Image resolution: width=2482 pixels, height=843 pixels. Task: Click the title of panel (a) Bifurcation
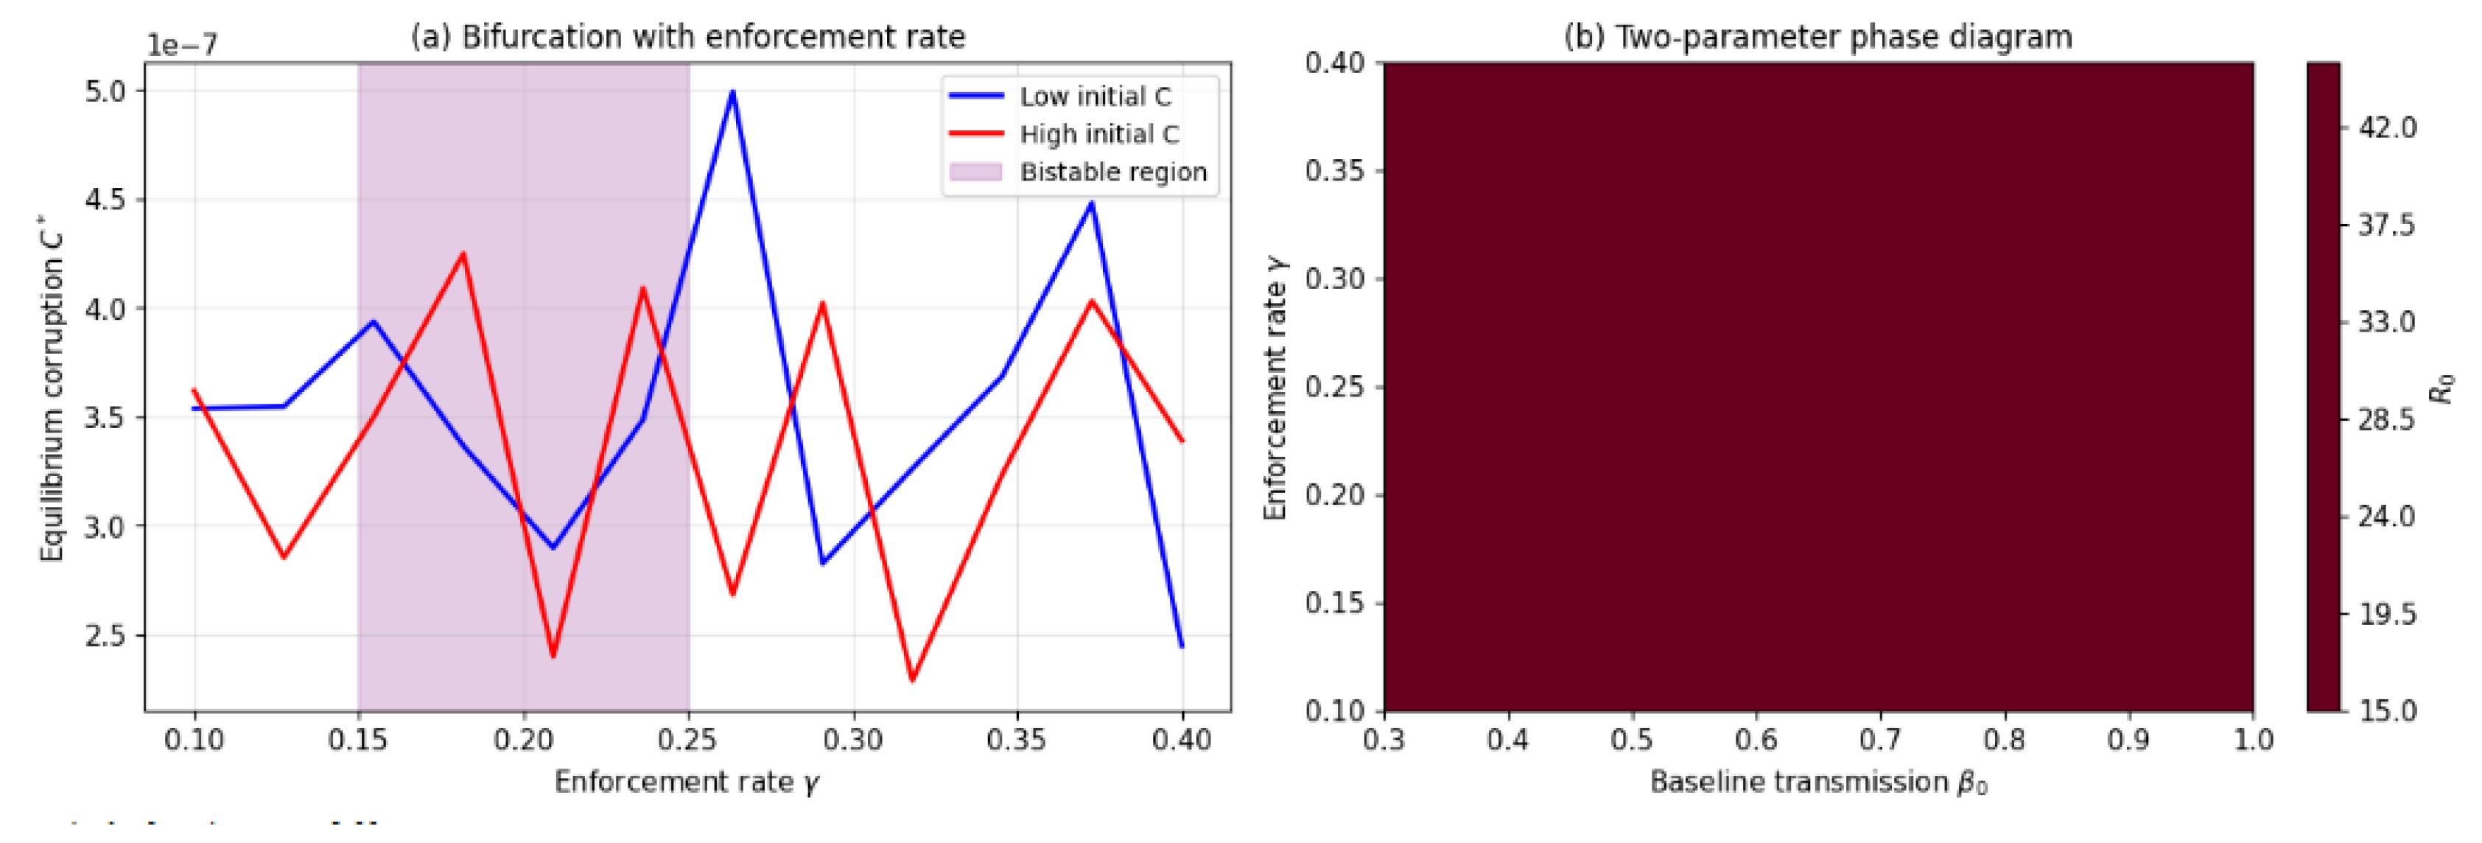[x=688, y=37]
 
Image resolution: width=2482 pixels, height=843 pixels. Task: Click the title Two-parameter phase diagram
[x=1817, y=37]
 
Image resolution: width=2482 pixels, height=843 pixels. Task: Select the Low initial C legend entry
[x=1095, y=97]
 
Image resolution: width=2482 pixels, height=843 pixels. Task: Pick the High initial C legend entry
[x=1098, y=134]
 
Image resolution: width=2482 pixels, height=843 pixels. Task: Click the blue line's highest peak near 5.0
[x=732, y=91]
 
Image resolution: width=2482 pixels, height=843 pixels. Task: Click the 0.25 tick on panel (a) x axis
[x=688, y=739]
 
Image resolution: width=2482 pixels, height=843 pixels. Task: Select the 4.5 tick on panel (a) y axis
[x=106, y=200]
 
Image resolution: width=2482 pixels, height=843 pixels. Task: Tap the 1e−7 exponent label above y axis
[x=182, y=45]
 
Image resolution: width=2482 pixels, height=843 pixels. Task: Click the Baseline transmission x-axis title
[x=1817, y=781]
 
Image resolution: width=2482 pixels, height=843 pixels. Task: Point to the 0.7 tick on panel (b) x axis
[x=1880, y=739]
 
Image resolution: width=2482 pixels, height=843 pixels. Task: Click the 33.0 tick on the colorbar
[x=2385, y=322]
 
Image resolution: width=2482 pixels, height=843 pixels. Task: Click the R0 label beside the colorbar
[x=2441, y=388]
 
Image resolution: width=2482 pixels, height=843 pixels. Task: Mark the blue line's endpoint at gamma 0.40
[x=1182, y=646]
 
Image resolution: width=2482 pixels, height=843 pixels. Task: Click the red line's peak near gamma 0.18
[x=463, y=253]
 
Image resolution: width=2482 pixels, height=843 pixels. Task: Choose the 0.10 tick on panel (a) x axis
[x=194, y=739]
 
